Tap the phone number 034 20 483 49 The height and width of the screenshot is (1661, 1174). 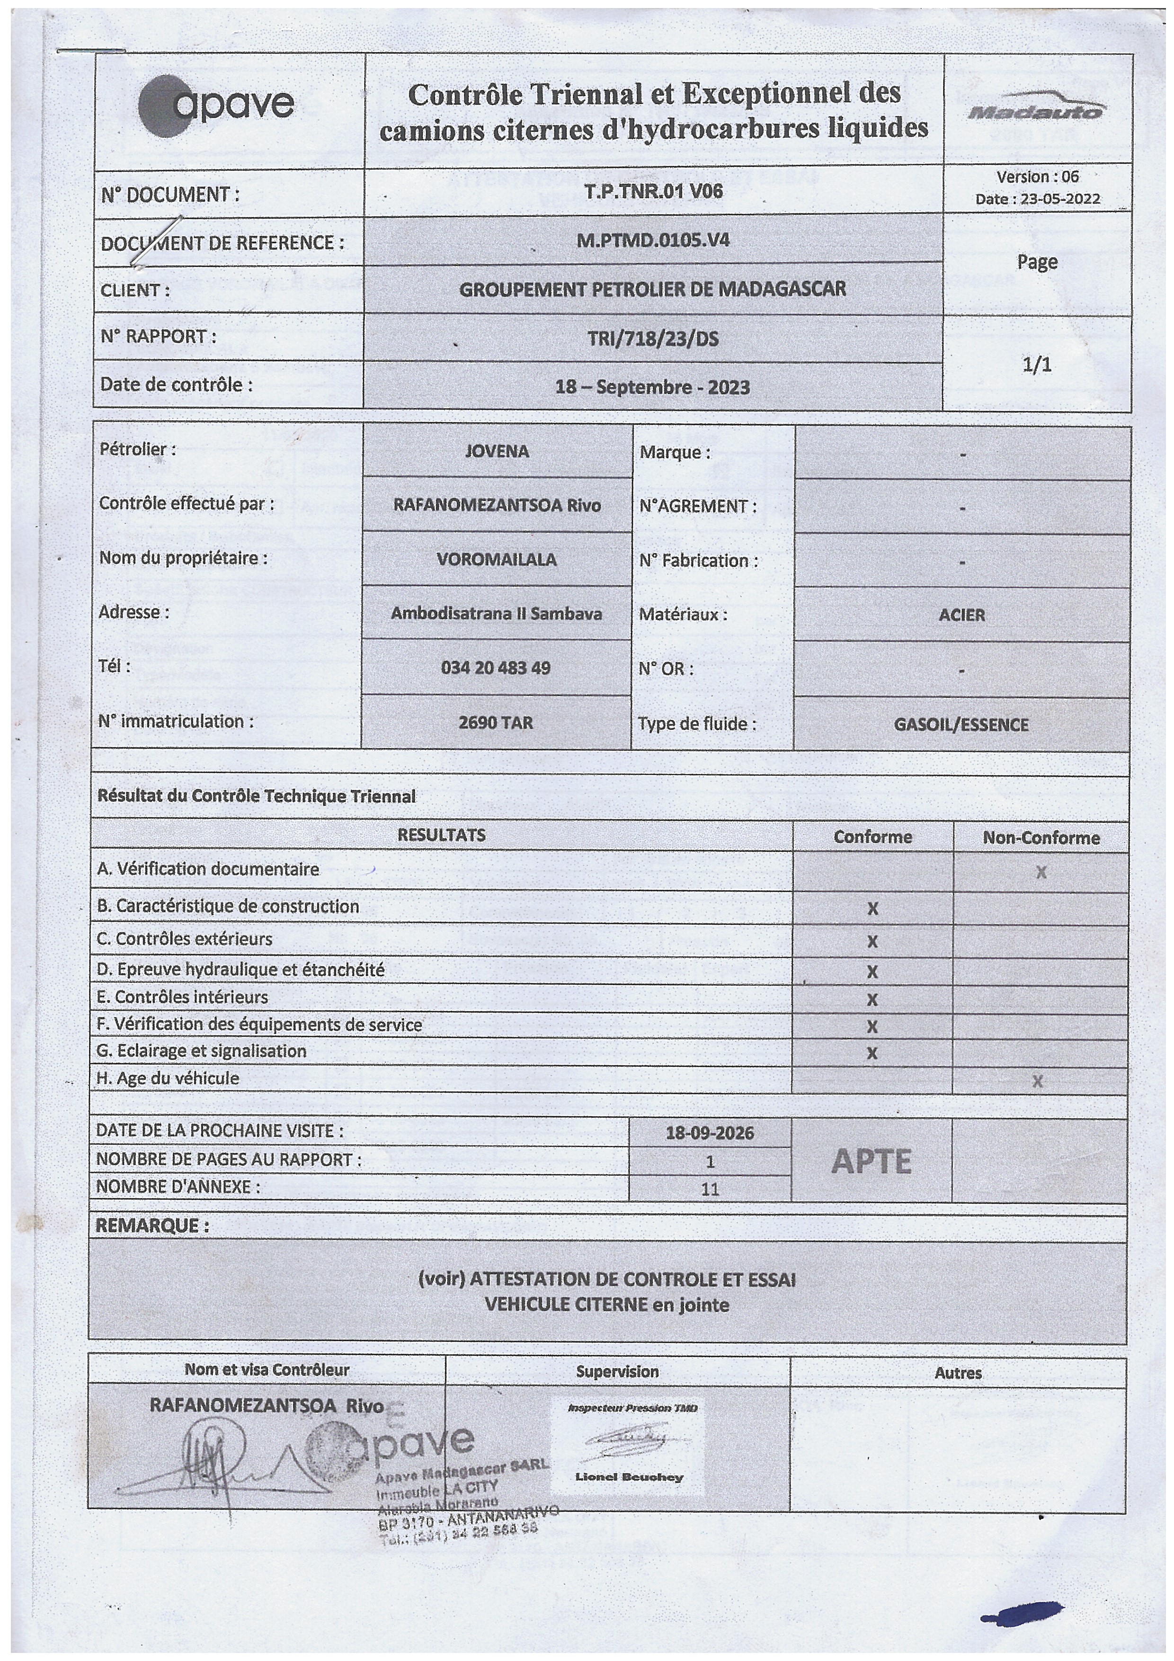point(496,667)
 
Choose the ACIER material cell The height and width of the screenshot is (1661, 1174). point(961,615)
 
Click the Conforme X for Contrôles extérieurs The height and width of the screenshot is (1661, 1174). point(872,942)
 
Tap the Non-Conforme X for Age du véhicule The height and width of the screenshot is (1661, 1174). point(1037,1081)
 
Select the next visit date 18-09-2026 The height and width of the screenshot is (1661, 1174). point(710,1133)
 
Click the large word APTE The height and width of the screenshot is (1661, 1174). point(871,1162)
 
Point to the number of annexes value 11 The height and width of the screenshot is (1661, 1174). point(710,1188)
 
